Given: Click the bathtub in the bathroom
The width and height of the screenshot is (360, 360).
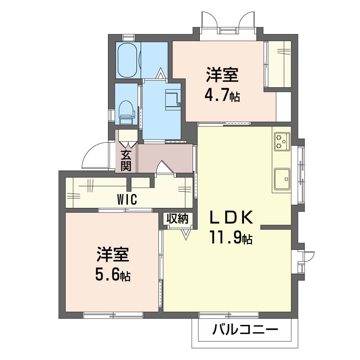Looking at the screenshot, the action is tap(128, 60).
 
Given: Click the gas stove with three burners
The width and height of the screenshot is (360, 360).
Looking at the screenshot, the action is tap(282, 141).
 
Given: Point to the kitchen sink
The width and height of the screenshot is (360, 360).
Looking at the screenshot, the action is tap(282, 179).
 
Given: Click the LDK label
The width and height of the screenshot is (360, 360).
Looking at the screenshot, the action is tap(231, 217).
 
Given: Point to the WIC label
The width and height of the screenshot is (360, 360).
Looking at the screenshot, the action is tap(127, 199).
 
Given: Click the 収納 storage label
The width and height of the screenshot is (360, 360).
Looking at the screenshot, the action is tap(177, 218).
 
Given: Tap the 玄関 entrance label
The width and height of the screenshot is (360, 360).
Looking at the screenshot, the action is tap(126, 160).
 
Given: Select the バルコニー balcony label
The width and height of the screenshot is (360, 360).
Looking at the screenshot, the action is tap(245, 330).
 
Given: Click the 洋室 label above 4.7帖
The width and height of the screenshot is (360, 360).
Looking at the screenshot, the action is tap(222, 75).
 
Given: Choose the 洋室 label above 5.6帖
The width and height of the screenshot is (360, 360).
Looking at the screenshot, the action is tap(113, 254).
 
